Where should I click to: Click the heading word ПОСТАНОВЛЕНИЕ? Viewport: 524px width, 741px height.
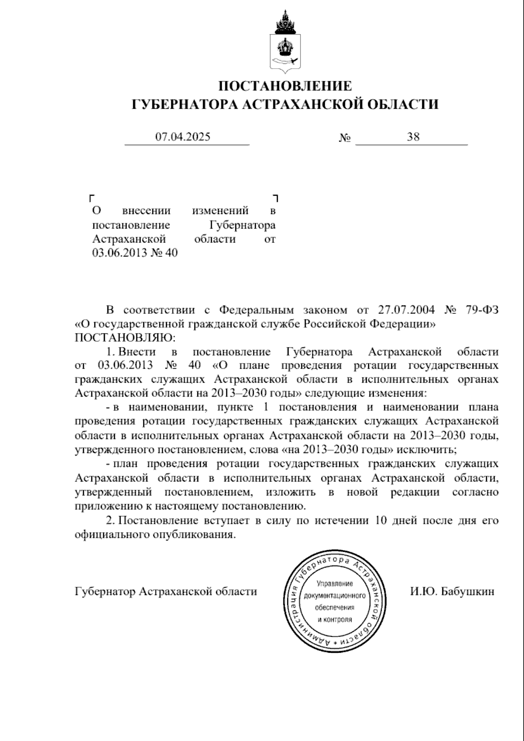pyautogui.click(x=285, y=86)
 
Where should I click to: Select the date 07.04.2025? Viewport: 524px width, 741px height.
pyautogui.click(x=183, y=137)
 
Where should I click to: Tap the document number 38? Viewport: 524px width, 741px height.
pyautogui.click(x=413, y=137)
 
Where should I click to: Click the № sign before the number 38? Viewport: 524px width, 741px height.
pyautogui.click(x=345, y=138)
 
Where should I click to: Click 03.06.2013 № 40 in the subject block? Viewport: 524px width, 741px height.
pyautogui.click(x=135, y=253)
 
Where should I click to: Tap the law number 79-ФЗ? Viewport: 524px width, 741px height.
pyautogui.click(x=481, y=310)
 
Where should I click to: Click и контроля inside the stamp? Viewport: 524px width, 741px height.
pyautogui.click(x=334, y=619)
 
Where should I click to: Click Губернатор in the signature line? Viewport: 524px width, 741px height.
pyautogui.click(x=104, y=592)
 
